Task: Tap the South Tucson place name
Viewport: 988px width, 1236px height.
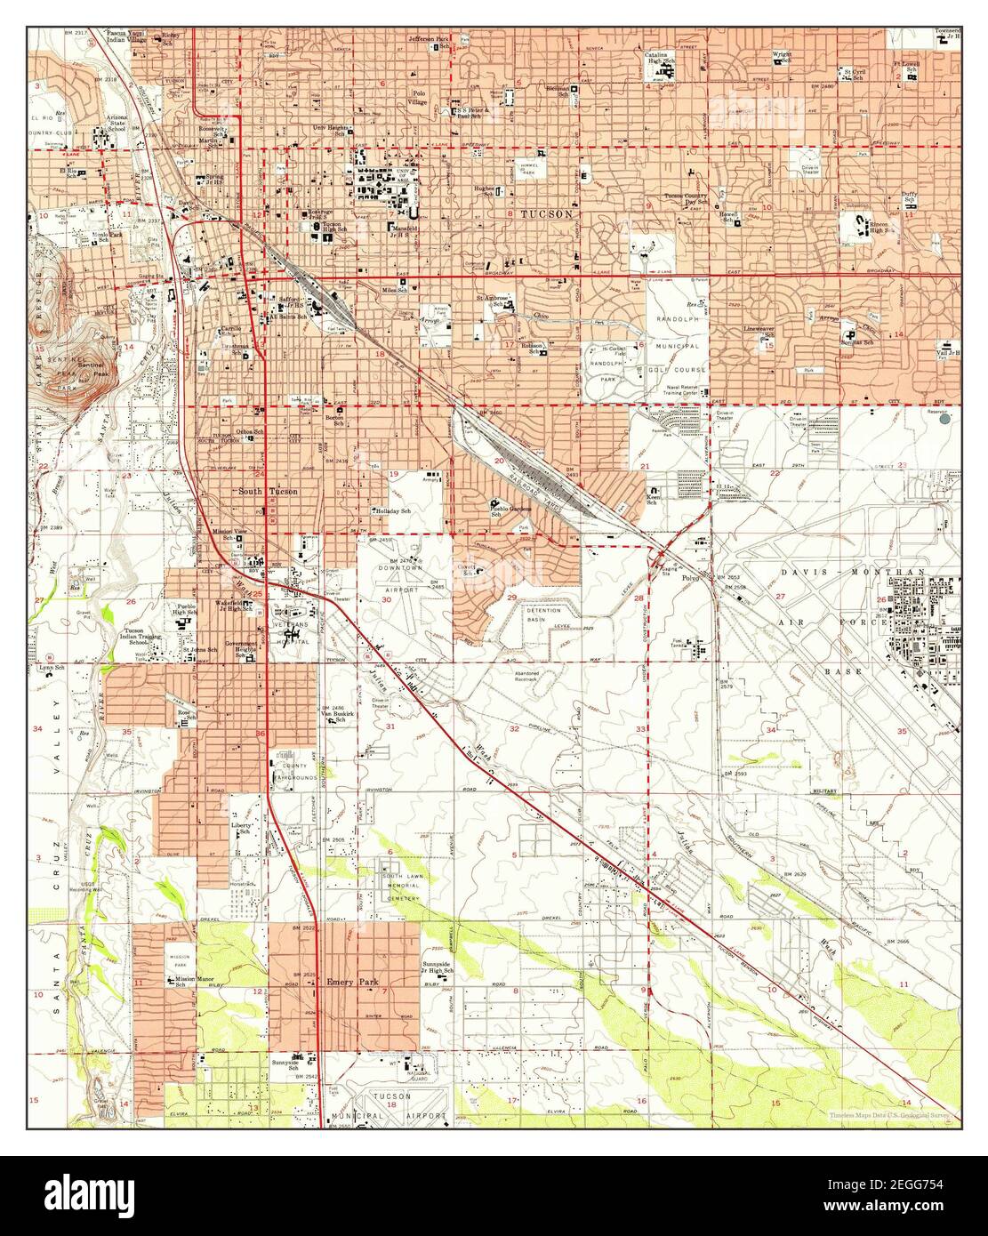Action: [268, 492]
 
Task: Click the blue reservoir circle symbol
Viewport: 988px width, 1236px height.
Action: [946, 418]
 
